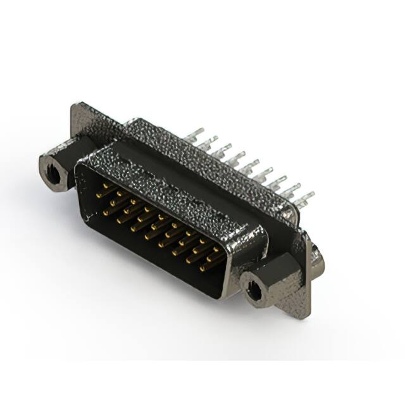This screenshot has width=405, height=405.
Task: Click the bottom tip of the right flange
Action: [306, 315]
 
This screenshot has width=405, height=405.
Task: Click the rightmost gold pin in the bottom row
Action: [202, 268]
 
